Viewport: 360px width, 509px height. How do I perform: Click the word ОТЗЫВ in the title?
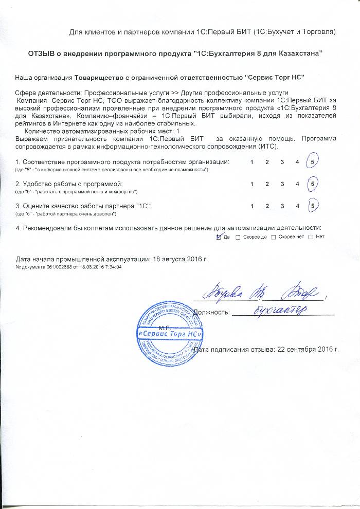(42, 54)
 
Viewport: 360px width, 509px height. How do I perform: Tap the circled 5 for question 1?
(312, 162)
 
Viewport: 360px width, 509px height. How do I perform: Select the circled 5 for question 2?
(312, 184)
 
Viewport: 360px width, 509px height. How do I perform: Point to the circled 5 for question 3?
(312, 206)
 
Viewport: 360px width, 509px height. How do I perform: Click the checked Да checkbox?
(220, 237)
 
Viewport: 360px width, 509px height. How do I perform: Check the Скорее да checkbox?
(238, 237)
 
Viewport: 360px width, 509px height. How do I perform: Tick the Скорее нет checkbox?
(273, 237)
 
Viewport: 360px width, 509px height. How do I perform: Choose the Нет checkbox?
(311, 237)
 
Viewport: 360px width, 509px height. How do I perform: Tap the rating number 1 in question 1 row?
(251, 162)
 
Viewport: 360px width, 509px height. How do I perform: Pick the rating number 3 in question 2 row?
(282, 184)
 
